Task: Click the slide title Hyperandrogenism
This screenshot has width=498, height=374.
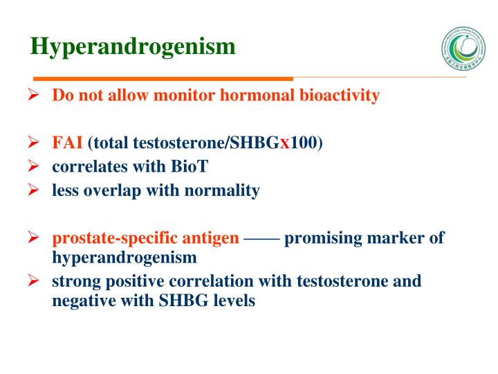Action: [133, 47]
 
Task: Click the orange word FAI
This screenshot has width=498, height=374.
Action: [68, 143]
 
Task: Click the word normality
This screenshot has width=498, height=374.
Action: [225, 190]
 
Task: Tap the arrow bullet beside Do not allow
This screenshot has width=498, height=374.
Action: [33, 96]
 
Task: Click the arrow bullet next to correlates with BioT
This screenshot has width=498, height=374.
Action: [33, 167]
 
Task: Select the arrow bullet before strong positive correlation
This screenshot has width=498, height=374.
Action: [33, 282]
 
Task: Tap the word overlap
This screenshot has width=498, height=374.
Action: [107, 190]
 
